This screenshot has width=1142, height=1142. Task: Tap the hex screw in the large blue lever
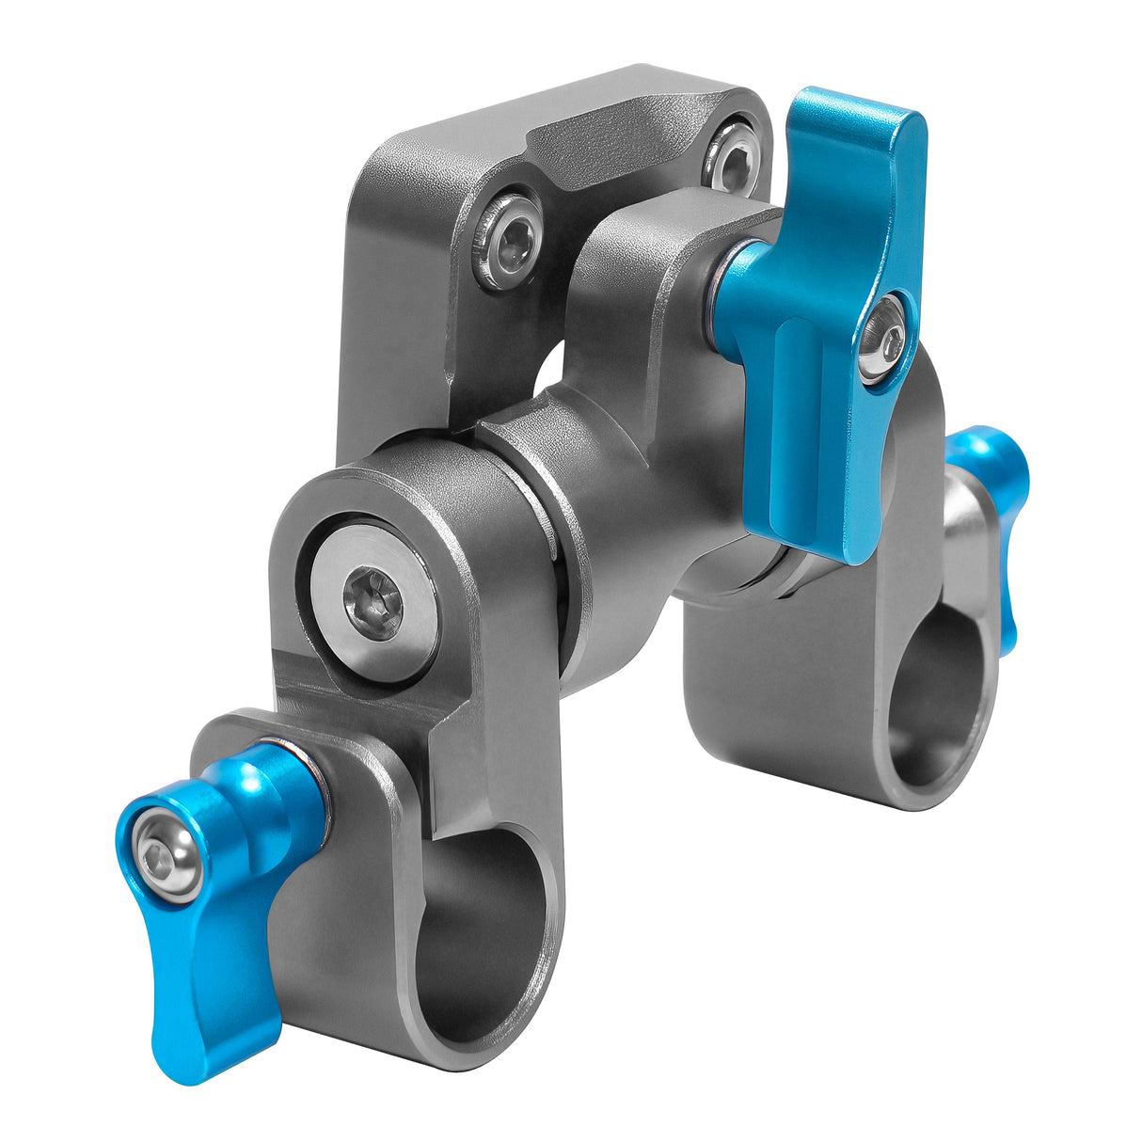click(x=882, y=336)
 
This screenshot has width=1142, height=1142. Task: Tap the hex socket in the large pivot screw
click(x=372, y=595)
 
